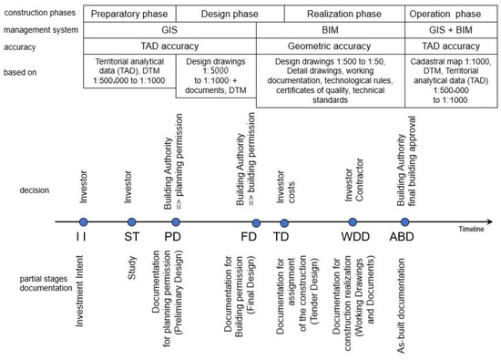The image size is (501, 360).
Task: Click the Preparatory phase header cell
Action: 129,15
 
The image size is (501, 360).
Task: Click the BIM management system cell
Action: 331,30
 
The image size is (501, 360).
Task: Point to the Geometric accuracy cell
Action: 331,46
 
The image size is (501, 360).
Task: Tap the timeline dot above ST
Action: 131,222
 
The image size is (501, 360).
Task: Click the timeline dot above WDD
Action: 353,222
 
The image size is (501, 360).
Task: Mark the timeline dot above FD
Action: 255,222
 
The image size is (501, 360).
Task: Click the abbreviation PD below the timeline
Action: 174,237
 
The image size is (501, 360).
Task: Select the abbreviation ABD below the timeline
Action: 402,237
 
